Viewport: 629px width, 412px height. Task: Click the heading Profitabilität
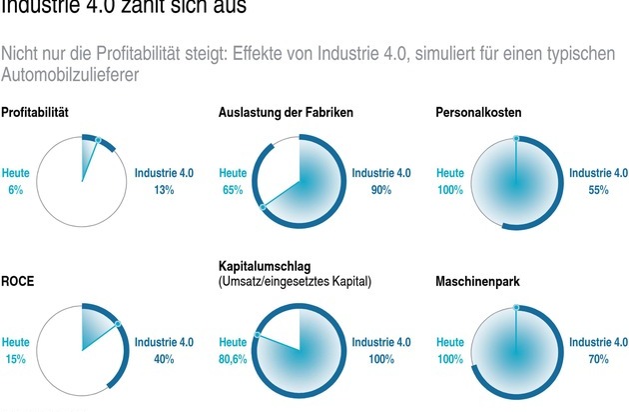34,112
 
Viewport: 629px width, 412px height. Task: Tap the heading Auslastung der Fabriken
286,112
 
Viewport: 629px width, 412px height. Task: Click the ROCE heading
16,282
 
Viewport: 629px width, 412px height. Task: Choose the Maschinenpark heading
477,282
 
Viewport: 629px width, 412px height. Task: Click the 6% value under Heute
15,190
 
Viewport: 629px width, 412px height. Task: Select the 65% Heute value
234,190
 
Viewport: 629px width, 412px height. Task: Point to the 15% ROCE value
16,359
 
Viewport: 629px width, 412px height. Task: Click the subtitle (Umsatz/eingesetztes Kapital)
295,282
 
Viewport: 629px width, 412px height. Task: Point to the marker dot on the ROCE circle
116,323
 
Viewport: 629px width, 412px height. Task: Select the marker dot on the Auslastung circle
262,207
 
